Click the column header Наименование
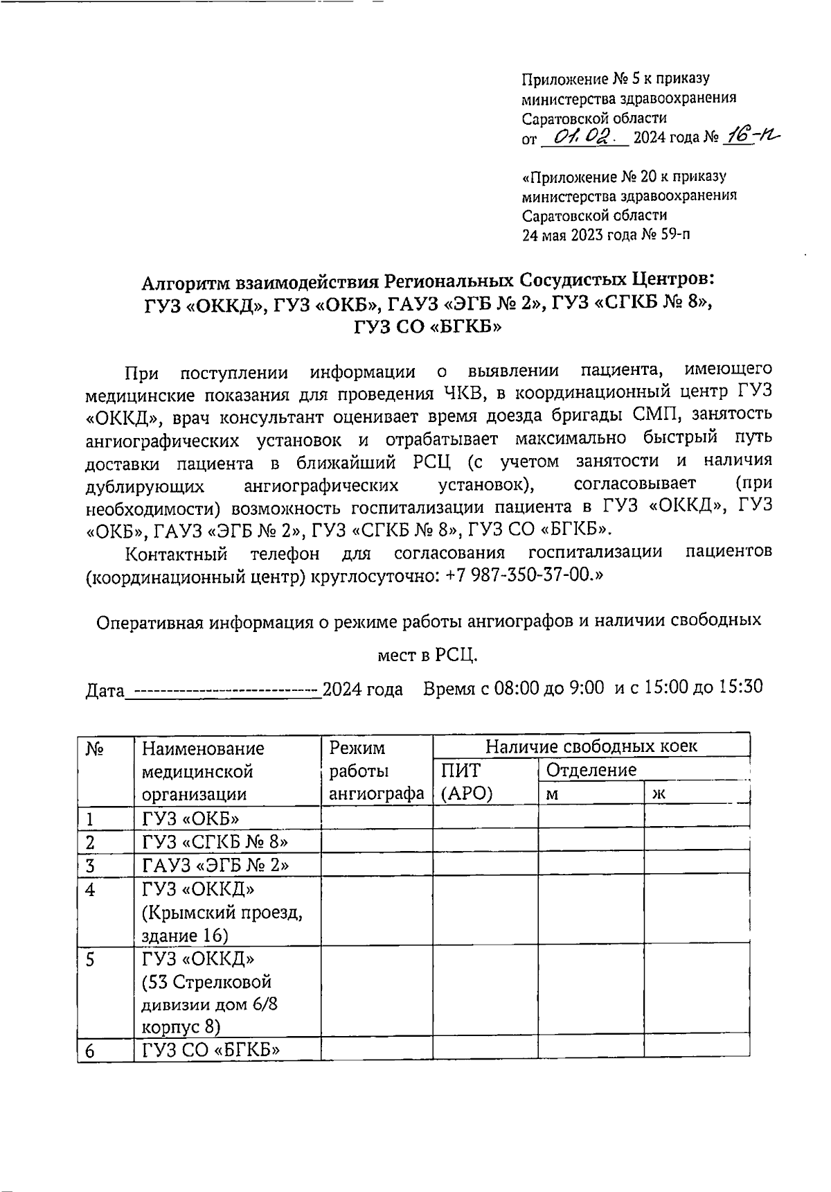(x=204, y=748)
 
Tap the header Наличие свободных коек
(x=591, y=746)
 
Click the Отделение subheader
(x=591, y=770)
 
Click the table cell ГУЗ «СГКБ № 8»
(x=215, y=842)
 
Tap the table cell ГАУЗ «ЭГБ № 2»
(x=215, y=866)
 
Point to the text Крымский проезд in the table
(x=222, y=913)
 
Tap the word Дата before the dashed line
(x=105, y=691)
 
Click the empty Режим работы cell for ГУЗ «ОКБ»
(x=377, y=818)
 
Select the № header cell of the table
(x=95, y=749)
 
